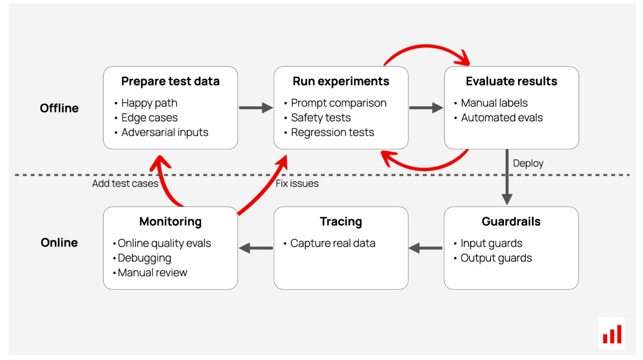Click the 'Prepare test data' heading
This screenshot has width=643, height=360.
170,82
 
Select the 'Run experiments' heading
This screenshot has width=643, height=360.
341,82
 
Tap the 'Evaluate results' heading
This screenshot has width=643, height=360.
511,81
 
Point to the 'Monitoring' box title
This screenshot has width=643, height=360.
170,222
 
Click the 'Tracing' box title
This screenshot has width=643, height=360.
341,222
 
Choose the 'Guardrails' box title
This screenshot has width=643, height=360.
511,222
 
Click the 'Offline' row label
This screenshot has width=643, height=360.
59,108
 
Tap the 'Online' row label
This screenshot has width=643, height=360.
59,243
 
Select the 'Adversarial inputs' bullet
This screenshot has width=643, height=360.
164,132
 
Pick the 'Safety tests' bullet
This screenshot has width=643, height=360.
321,117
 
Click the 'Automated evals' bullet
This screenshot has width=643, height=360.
502,117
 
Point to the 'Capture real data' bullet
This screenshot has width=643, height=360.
332,243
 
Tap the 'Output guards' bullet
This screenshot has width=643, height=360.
496,258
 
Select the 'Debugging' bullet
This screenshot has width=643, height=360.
144,258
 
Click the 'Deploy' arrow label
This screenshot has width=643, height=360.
528,163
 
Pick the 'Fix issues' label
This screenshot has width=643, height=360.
297,183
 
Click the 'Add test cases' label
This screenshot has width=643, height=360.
125,183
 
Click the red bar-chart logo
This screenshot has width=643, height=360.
612,334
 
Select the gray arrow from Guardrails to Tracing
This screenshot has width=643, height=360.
426,248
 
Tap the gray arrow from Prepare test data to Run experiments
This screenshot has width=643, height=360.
256,108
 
